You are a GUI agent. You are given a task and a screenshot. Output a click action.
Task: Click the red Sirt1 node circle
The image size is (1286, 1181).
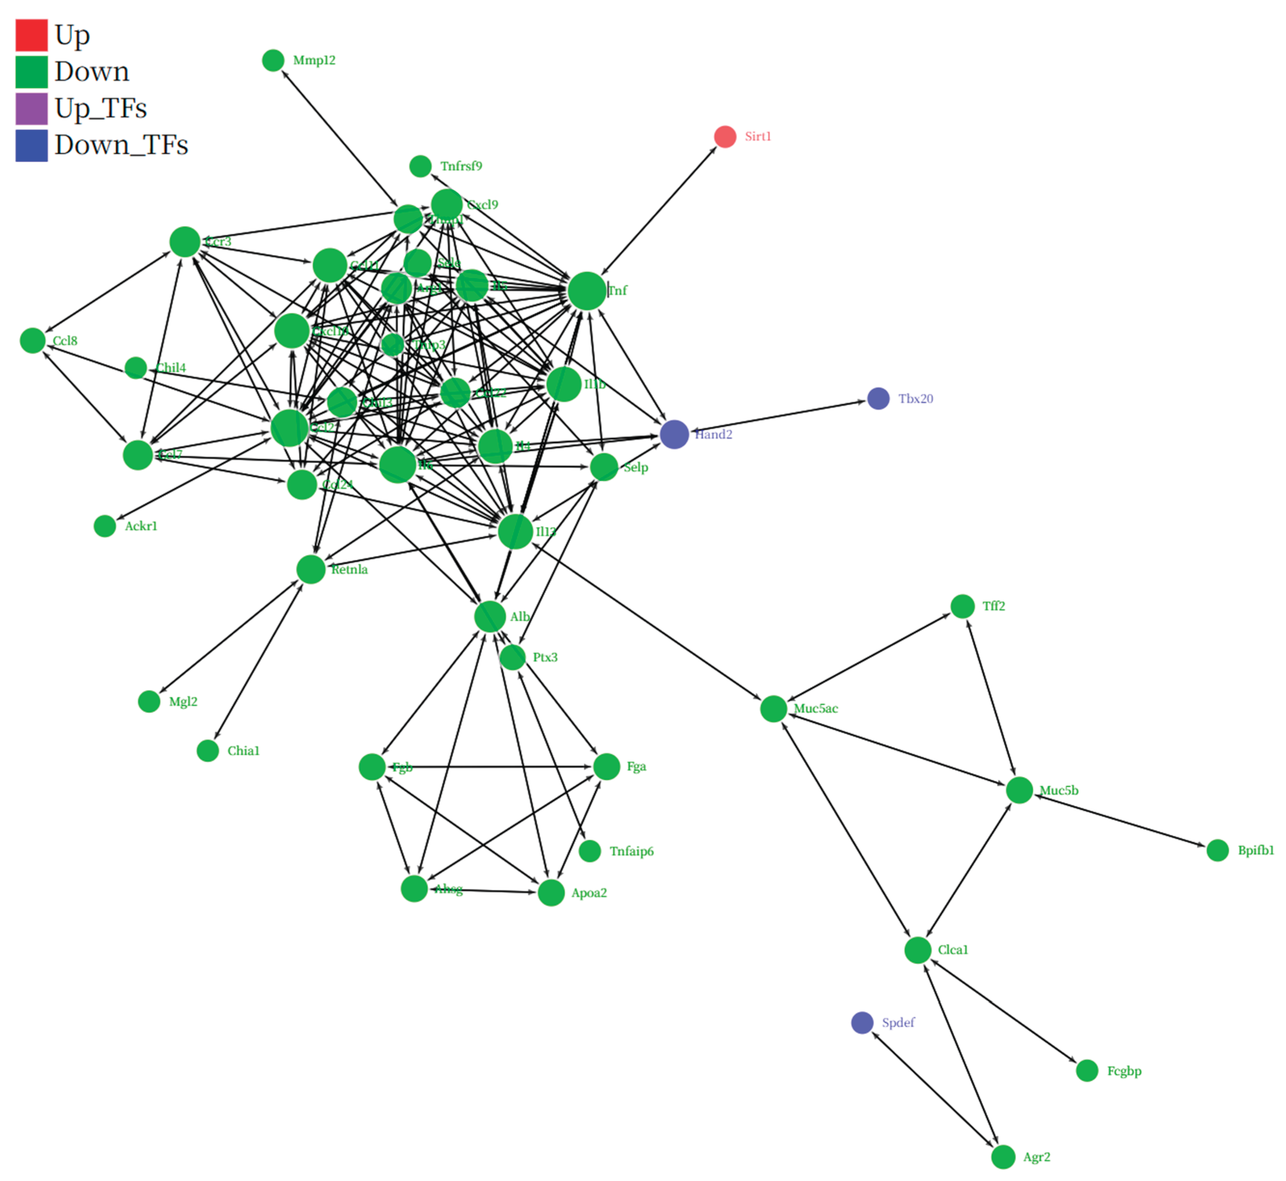pos(725,137)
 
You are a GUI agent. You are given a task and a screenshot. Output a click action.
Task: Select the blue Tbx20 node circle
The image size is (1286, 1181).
pos(878,399)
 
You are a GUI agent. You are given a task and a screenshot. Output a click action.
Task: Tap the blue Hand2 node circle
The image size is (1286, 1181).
pos(674,435)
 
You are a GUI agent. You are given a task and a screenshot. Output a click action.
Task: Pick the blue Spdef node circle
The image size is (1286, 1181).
pos(862,1023)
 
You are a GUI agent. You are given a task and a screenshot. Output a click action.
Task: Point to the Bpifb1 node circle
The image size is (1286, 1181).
pos(1218,851)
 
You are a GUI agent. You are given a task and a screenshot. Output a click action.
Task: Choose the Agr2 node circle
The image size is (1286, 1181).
pos(1003,1157)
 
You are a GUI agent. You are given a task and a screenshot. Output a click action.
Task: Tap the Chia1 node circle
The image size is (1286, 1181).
pos(208,751)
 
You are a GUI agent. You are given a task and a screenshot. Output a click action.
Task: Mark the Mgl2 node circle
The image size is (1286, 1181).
pos(149,702)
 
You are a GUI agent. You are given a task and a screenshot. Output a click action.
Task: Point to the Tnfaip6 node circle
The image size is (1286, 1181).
pos(590,851)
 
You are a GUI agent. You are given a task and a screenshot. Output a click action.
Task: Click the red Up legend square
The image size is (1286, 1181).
pos(31,35)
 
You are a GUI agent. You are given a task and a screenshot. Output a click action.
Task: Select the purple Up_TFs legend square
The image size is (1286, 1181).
pos(31,109)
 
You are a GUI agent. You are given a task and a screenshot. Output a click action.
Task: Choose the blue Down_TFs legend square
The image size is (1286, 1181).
pos(31,146)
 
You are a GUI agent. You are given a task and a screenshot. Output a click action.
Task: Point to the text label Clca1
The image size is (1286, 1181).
pos(953,950)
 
